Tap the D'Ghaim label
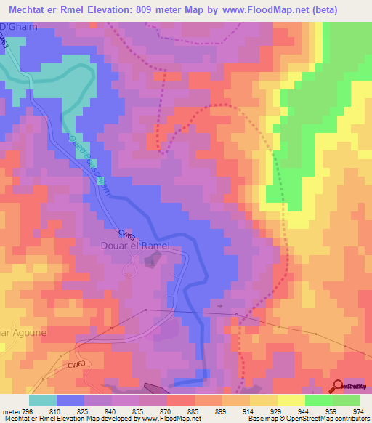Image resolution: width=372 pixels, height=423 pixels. pos(17,27)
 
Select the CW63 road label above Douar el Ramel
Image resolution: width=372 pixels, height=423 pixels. pos(127,235)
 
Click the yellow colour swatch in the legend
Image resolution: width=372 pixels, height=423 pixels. pos(291,400)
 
